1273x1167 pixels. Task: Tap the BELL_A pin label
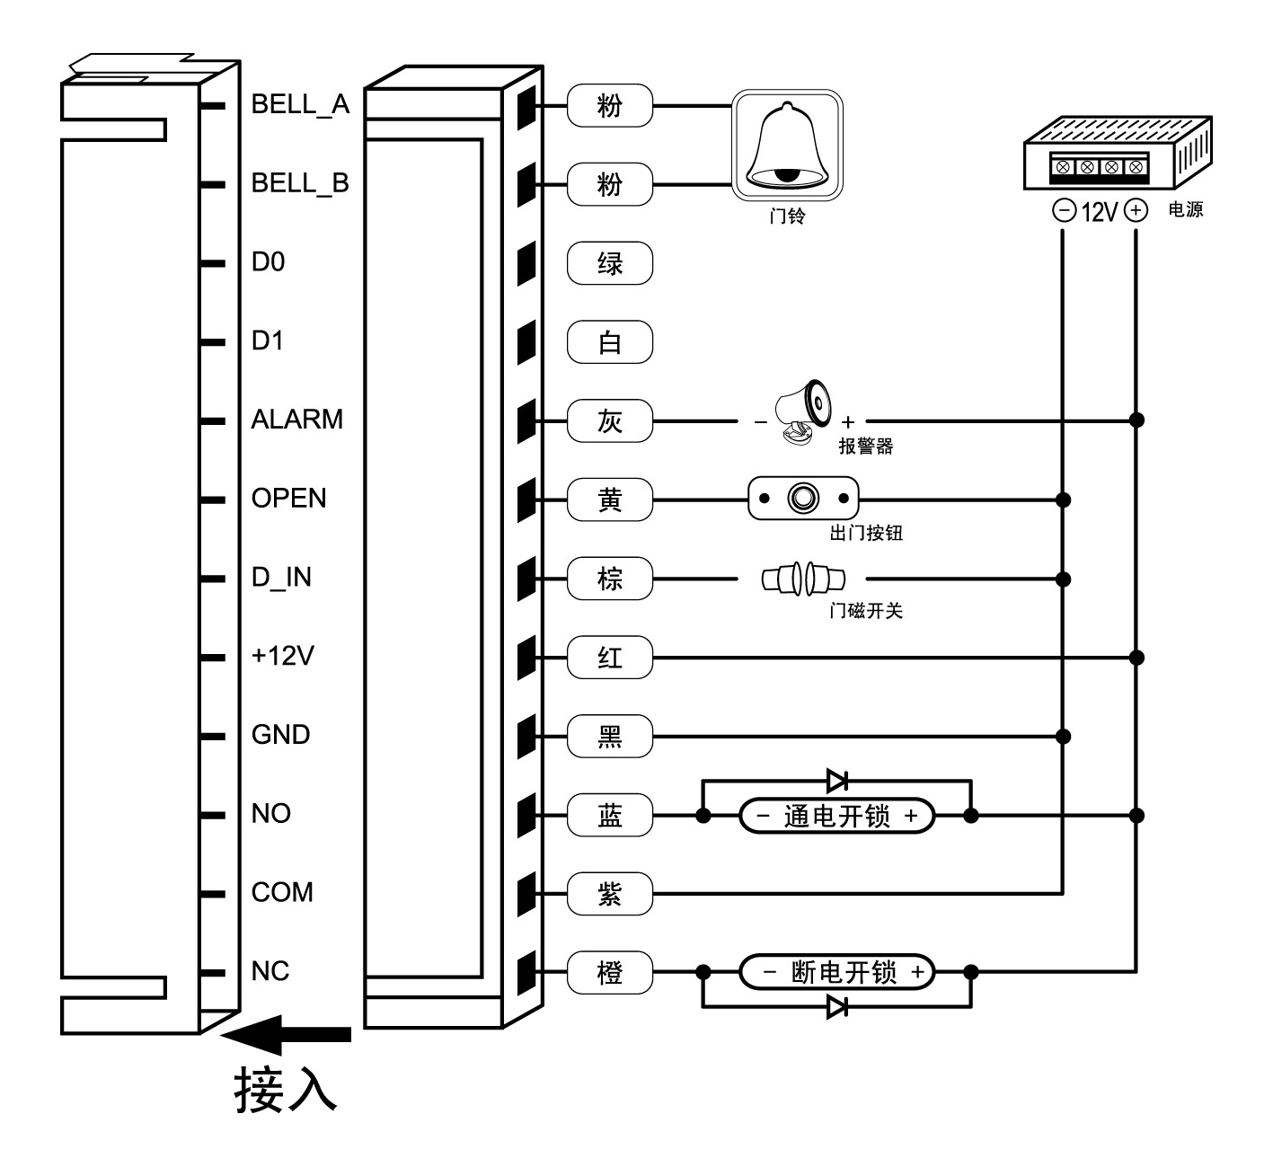tap(300, 104)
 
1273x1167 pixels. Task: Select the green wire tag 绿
tap(610, 263)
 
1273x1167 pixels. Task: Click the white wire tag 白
tap(610, 342)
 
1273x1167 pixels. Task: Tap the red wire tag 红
tap(610, 658)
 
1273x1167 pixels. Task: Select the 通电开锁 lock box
tap(836, 816)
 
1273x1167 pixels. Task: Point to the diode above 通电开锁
tap(837, 781)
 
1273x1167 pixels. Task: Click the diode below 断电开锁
tap(837, 1007)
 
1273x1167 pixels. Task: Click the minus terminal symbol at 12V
tap(1064, 211)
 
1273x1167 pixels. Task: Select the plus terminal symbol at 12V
tap(1136, 211)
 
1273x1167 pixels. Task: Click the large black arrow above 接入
tap(286, 1035)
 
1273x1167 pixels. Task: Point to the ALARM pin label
tap(297, 420)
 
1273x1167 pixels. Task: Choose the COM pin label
tap(282, 892)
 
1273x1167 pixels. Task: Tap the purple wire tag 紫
tap(610, 894)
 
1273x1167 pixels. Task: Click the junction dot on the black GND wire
tap(1064, 737)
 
